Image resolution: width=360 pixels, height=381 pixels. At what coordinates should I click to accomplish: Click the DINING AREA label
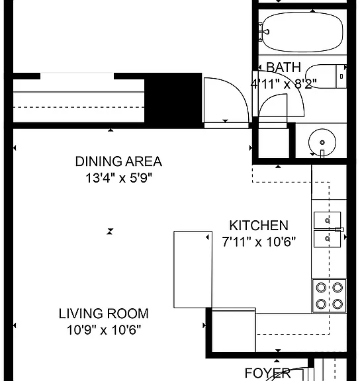click(x=118, y=161)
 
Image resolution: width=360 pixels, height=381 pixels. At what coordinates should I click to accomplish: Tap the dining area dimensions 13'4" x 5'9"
click(x=118, y=178)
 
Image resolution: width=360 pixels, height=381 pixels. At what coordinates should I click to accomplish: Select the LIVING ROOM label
click(x=103, y=314)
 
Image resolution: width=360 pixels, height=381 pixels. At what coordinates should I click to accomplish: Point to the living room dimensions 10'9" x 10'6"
click(x=104, y=329)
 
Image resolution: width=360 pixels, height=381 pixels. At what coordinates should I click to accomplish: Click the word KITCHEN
click(x=259, y=226)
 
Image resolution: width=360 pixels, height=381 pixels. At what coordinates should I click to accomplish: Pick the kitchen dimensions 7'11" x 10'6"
click(x=259, y=241)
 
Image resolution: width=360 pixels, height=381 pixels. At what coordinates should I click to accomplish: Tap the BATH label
click(x=284, y=67)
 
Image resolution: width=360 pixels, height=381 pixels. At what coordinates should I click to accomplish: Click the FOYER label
click(x=267, y=373)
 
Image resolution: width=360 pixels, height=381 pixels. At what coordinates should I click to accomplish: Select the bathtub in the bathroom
click(x=302, y=32)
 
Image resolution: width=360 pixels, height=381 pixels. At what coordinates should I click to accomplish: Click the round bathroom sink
click(x=322, y=142)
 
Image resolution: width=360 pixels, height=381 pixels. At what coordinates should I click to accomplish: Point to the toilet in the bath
click(x=326, y=76)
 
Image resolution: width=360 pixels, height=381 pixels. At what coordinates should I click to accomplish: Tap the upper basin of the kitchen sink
click(x=327, y=220)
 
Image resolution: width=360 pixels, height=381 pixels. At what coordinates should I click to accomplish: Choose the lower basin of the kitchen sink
click(x=327, y=239)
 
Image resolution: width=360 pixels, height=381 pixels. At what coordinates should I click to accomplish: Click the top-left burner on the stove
click(x=321, y=288)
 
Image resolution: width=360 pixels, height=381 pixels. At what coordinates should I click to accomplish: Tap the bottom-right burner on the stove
click(x=337, y=304)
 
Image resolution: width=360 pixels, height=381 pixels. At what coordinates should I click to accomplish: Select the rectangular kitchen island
click(x=193, y=269)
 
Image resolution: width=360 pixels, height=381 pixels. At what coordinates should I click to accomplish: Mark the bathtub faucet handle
click(x=265, y=32)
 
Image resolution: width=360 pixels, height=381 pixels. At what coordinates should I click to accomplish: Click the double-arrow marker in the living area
click(x=110, y=232)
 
